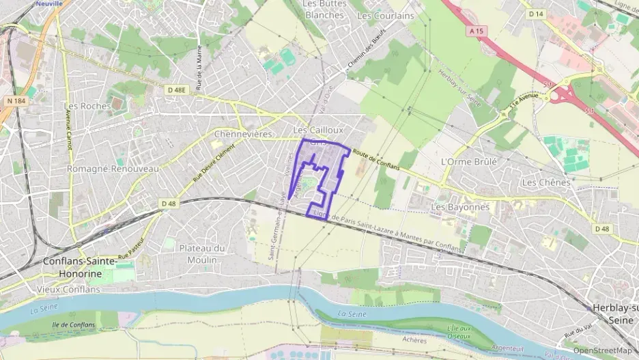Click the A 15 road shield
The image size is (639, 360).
click(476, 31)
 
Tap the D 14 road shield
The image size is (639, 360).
click(536, 14)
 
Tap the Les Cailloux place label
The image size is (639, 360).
click(318, 129)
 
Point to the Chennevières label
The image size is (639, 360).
click(244, 134)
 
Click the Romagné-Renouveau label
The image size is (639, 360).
click(113, 168)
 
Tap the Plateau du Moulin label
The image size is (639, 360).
click(201, 254)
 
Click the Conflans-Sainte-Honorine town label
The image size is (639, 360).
click(80, 267)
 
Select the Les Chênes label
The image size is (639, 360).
click(545, 182)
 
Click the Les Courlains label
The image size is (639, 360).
click(386, 15)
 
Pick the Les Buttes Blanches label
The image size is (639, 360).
click(325, 10)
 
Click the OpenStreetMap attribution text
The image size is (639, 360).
click(602, 350)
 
